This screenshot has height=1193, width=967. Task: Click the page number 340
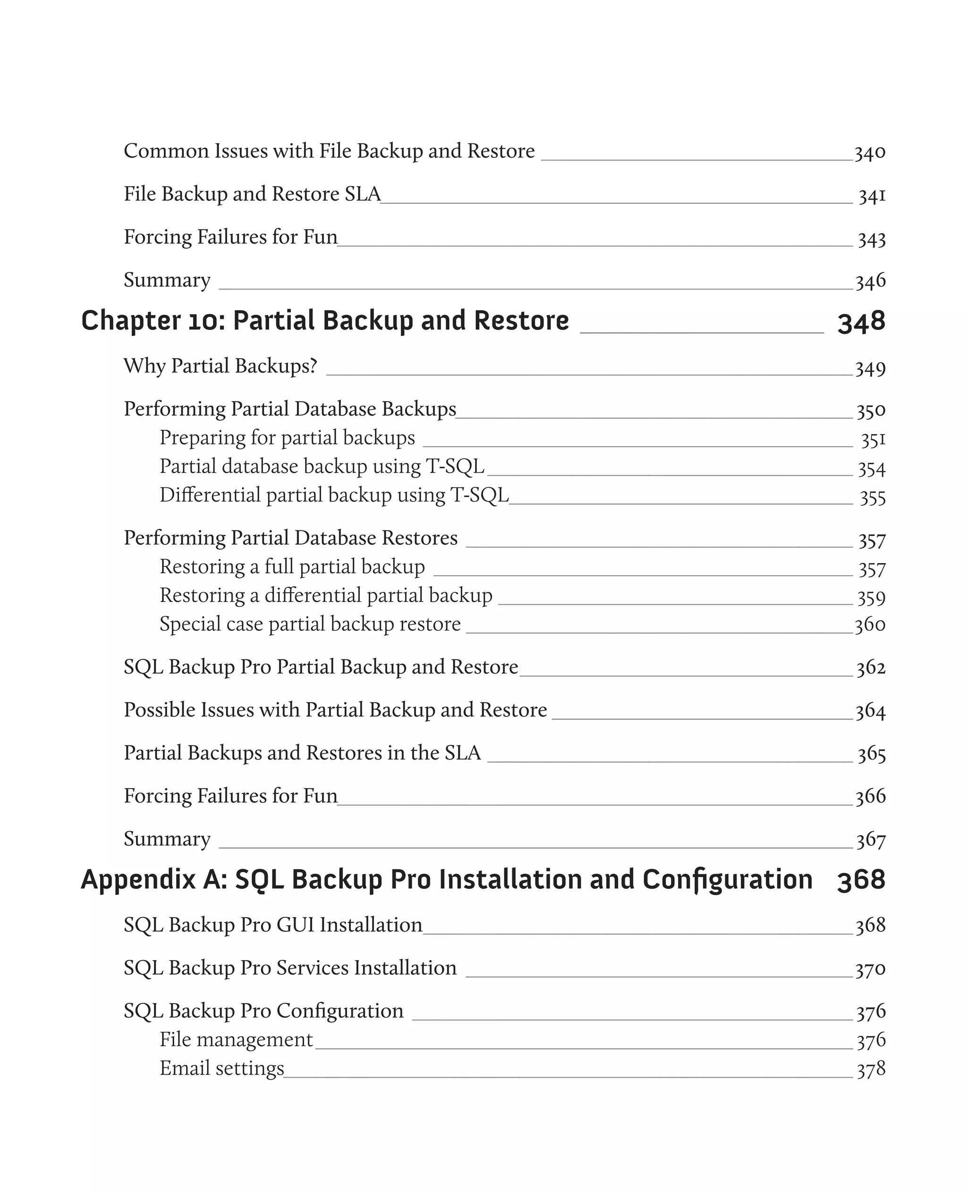coord(870,152)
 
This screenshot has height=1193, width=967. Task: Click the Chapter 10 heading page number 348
coord(861,322)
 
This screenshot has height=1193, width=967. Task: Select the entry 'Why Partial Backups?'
coord(220,366)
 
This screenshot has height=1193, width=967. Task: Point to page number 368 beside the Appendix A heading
coord(861,880)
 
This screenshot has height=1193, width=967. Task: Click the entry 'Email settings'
coord(222,1068)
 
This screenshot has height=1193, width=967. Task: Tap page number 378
coord(871,1069)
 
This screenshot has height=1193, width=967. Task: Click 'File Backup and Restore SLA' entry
coord(252,194)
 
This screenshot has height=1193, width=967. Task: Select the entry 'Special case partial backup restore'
coord(310,624)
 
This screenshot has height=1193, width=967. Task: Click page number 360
coord(870,625)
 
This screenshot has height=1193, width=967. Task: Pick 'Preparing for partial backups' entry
coord(287,438)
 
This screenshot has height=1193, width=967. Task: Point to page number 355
coord(872,497)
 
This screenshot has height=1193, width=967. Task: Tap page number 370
coord(870,969)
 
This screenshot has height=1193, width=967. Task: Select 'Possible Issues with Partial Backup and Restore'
coord(335,710)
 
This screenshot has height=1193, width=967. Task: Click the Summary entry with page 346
coord(167,280)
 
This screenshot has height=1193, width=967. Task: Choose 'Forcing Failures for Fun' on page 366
coord(230,796)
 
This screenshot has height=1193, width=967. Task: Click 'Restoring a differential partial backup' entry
coord(326,596)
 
